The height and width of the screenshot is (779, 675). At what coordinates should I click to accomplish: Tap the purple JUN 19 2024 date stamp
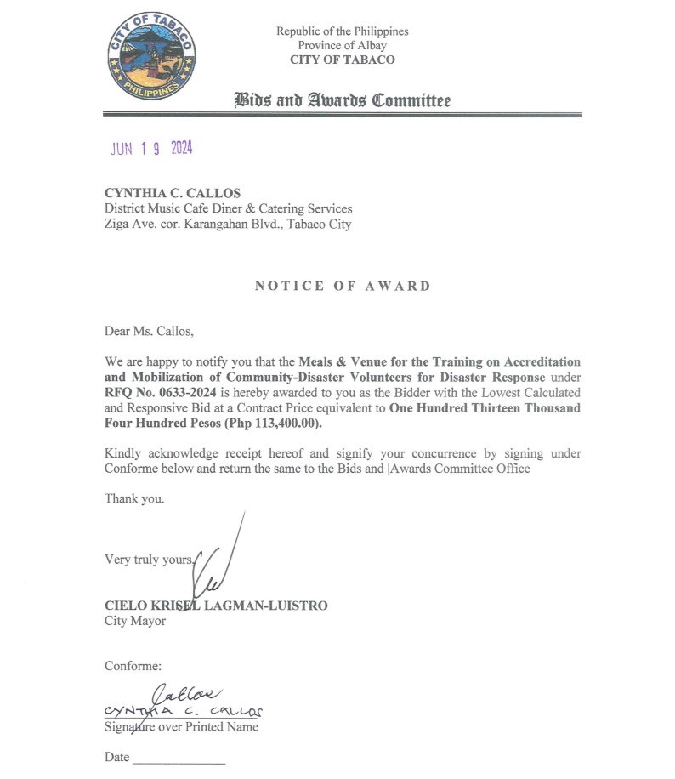tap(151, 148)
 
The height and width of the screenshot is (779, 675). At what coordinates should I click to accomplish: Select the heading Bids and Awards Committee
tap(343, 100)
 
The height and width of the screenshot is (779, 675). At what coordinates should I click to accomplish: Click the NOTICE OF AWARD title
tap(343, 286)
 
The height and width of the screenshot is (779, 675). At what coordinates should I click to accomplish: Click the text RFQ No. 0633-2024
tap(148, 393)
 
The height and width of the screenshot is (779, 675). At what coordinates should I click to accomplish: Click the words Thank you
tap(134, 498)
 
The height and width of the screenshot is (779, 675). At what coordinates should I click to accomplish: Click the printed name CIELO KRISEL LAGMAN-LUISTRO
tap(216, 606)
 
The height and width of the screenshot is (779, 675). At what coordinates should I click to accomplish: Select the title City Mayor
tap(135, 621)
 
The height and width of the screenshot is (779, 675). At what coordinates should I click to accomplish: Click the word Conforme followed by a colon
tap(133, 666)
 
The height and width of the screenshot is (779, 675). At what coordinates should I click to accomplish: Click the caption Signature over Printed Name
tap(181, 727)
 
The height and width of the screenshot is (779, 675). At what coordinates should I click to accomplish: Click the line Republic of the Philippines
tap(342, 31)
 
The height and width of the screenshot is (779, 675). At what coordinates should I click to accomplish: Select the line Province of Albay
tap(342, 45)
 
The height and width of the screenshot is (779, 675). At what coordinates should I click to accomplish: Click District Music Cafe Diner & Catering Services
tap(228, 208)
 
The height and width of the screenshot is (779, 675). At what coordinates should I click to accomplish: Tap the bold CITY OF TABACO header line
tap(342, 60)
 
